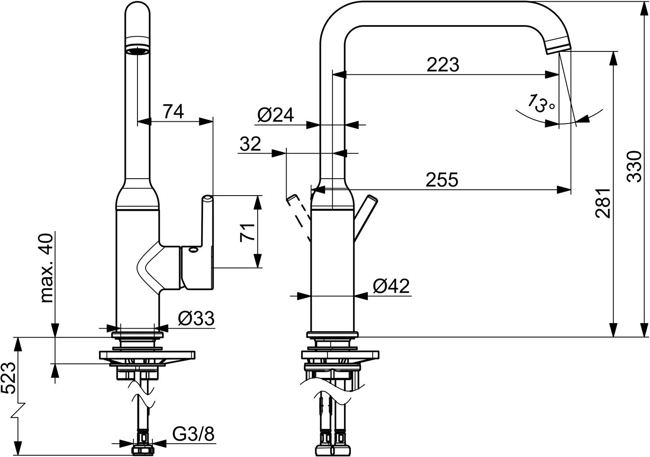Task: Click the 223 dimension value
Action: point(443,64)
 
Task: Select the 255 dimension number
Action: point(442,180)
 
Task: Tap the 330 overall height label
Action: point(634,167)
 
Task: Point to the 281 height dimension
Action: point(603,203)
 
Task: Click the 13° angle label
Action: point(540,103)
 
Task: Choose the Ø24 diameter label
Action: point(275,115)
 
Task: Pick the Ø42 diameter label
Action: point(391,286)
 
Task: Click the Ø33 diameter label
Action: point(196,318)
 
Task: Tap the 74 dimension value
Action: point(173,111)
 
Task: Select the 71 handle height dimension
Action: point(247,233)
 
